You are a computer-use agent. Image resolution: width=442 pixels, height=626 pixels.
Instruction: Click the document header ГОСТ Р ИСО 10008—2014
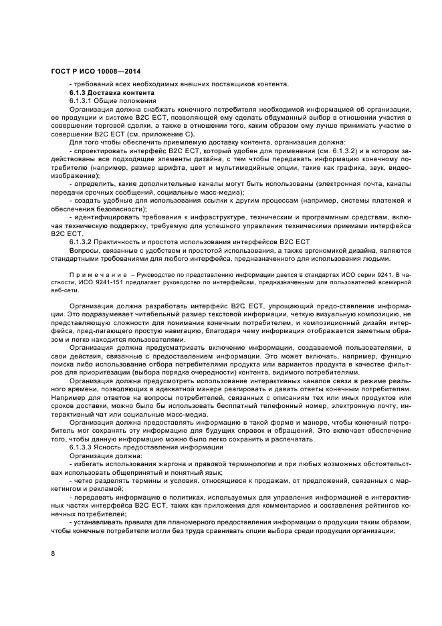click(x=96, y=72)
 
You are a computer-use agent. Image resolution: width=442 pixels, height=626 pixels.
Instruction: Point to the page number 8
click(x=53, y=554)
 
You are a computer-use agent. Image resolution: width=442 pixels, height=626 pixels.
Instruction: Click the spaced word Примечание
click(x=94, y=274)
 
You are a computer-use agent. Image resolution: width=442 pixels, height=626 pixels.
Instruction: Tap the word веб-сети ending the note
click(x=64, y=290)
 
